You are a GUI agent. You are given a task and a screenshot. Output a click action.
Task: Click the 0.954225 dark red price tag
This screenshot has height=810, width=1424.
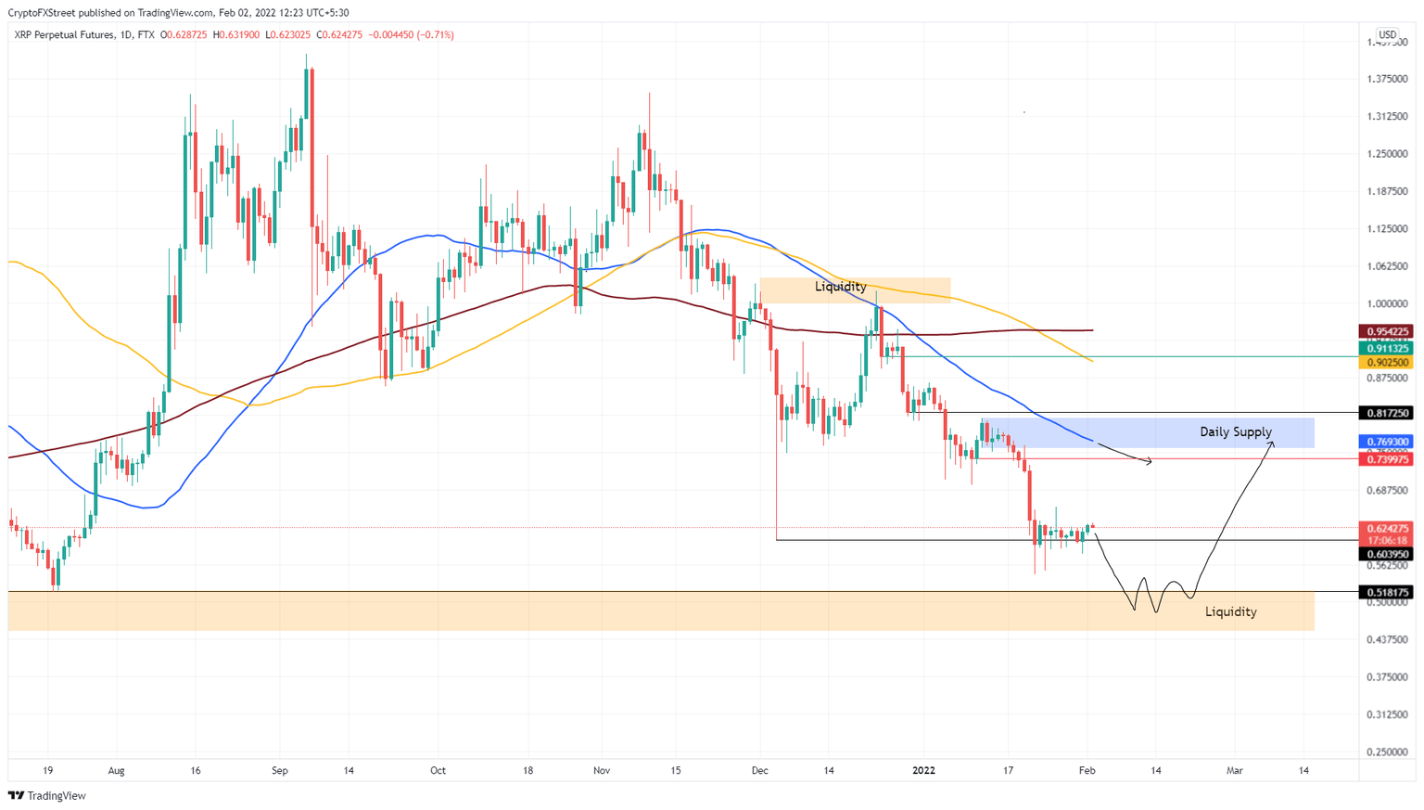pyautogui.click(x=1386, y=331)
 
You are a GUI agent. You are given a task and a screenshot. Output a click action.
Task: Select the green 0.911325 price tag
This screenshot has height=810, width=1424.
pyautogui.click(x=1386, y=348)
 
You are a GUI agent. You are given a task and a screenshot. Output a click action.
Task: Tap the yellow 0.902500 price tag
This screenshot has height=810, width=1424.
pyautogui.click(x=1386, y=363)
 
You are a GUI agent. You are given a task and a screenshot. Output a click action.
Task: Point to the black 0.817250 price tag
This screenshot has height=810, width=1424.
pyautogui.click(x=1386, y=413)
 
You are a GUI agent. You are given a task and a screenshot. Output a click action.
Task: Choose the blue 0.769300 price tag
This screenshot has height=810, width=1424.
pyautogui.click(x=1386, y=443)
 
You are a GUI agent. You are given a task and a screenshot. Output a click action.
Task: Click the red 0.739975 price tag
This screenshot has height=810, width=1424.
pyautogui.click(x=1386, y=459)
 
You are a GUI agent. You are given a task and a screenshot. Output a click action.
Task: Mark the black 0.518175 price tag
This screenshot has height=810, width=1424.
pyautogui.click(x=1386, y=592)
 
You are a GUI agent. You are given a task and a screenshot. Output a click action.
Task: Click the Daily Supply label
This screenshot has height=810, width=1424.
pyautogui.click(x=1235, y=432)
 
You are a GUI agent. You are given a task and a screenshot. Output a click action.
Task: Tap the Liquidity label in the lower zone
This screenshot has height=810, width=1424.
pyautogui.click(x=1230, y=612)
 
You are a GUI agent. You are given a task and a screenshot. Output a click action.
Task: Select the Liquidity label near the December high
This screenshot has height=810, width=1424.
pyautogui.click(x=840, y=287)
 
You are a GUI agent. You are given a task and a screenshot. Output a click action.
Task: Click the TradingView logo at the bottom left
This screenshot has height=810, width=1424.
pyautogui.click(x=47, y=795)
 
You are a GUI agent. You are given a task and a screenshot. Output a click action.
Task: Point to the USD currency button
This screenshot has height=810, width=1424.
pyautogui.click(x=1387, y=35)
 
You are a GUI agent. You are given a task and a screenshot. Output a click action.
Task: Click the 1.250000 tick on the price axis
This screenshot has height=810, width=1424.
pyautogui.click(x=1387, y=154)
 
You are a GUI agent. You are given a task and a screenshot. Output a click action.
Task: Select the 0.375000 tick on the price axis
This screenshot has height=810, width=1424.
pyautogui.click(x=1387, y=677)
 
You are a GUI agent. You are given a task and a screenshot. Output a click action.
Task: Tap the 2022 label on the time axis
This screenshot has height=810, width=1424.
pyautogui.click(x=923, y=770)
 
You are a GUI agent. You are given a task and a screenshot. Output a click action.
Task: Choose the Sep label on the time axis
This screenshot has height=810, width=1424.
pyautogui.click(x=280, y=770)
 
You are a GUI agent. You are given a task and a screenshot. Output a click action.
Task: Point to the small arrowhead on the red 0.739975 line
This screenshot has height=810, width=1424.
pyautogui.click(x=1150, y=461)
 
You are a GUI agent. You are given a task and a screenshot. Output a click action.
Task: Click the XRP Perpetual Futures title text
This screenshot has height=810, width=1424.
pyautogui.click(x=64, y=35)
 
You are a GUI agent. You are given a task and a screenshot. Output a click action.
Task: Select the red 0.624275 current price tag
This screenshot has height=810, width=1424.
pyautogui.click(x=1386, y=529)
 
